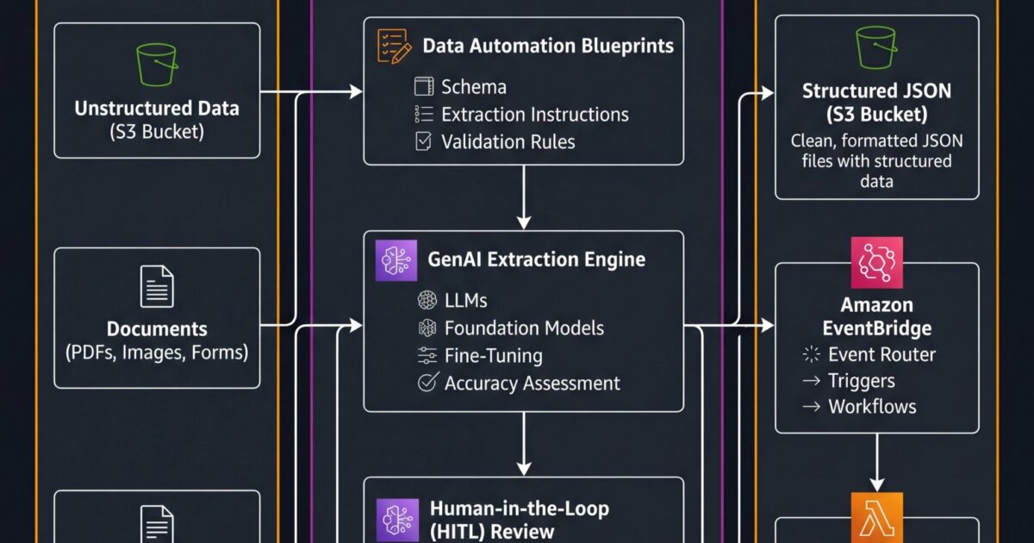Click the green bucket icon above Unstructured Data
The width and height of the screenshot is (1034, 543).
point(157,65)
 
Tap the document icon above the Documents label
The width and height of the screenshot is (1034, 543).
point(157,287)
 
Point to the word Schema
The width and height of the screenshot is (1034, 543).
point(473,87)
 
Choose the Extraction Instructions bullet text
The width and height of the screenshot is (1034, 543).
point(534,115)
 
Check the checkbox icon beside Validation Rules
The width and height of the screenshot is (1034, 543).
point(423,141)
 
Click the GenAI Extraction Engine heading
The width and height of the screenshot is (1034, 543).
point(536,259)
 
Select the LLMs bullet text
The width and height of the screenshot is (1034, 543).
point(465,300)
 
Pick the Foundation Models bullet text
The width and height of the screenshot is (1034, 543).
point(524,328)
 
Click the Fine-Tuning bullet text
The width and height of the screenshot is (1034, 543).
point(494,355)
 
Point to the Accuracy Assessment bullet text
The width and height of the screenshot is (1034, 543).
point(532,383)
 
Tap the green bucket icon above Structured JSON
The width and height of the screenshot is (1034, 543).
point(876,47)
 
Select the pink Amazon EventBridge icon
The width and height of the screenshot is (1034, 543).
point(876,262)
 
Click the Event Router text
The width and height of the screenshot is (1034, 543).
point(881,354)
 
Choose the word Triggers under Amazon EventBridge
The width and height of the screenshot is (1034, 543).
point(861,381)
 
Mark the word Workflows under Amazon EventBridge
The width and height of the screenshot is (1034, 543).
point(872,407)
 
